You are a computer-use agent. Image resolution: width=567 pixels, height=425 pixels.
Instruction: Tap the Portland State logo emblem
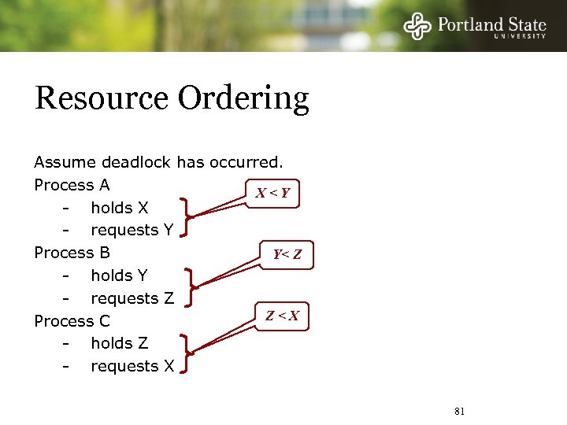[x=418, y=26]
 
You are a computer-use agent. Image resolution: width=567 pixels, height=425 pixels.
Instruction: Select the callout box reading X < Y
[x=273, y=193]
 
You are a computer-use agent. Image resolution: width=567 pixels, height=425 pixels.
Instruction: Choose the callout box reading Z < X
[x=282, y=316]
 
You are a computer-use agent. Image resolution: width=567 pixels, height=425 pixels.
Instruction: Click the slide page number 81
[x=461, y=411]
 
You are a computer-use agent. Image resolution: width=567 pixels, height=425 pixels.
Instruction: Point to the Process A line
[x=72, y=185]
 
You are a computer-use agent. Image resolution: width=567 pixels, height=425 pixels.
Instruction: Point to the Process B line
[x=72, y=253]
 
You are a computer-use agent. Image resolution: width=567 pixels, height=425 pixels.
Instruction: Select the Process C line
[x=72, y=321]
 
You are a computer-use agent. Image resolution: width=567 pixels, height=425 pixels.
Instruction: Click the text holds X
[x=119, y=208]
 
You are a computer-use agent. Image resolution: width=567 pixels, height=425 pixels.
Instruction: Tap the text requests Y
[x=132, y=231]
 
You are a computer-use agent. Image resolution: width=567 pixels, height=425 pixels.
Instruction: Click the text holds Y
[x=119, y=275]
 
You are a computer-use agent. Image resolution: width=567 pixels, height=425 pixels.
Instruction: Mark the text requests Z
[x=132, y=298]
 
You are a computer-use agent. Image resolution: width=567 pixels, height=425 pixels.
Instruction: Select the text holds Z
[x=119, y=343]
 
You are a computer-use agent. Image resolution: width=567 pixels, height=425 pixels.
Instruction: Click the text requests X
[x=132, y=366]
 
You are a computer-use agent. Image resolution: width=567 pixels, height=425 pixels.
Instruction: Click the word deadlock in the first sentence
[x=140, y=163]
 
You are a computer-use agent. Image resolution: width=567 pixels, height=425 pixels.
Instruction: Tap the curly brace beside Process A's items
[x=186, y=217]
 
